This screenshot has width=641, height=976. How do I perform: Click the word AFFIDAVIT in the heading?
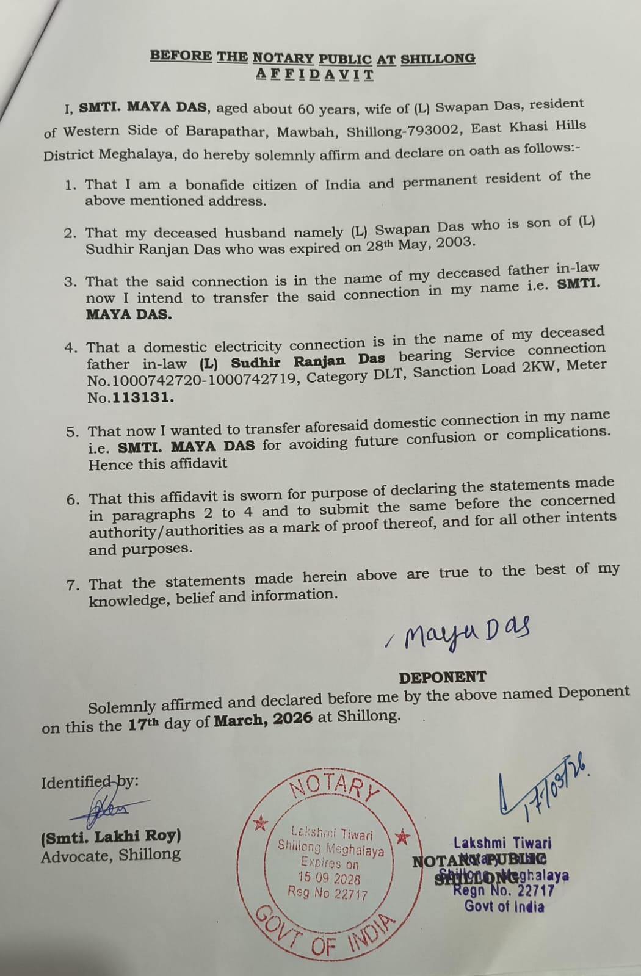coord(314,75)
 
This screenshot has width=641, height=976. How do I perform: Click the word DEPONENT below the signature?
coord(443,677)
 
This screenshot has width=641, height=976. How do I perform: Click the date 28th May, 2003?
coord(428,244)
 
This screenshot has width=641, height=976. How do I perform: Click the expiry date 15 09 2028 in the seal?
coord(329,878)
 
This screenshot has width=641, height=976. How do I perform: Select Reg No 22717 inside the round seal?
coord(328,894)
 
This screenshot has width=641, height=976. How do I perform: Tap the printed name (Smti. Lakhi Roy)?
coord(111,836)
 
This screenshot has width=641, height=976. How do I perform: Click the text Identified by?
coord(90,782)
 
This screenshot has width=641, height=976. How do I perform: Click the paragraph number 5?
coord(73,432)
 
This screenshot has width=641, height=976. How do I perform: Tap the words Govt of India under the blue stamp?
coord(504,906)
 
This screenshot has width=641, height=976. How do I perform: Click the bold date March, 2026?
coord(263,718)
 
